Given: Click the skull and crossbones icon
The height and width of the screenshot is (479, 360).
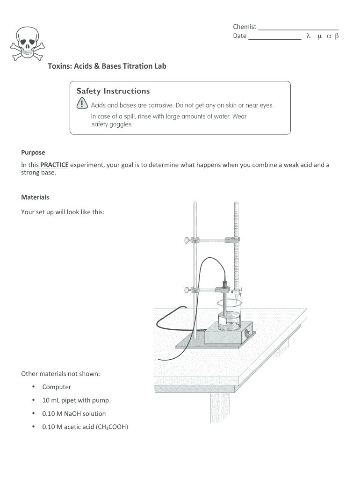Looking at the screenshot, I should tap(29, 45).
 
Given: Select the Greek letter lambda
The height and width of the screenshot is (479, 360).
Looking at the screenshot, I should tap(308, 36).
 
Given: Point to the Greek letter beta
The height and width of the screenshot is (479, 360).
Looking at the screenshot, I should tap(337, 36).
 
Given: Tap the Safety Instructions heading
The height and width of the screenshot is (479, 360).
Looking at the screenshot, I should tap(113, 91).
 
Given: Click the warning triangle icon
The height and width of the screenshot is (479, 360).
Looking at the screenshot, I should tap(82, 104).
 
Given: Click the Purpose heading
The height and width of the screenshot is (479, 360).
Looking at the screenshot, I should tap(33, 152).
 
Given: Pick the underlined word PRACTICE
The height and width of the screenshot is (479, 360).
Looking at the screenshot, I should tap(54, 165).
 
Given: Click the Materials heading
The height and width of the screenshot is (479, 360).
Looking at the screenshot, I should tap(35, 197).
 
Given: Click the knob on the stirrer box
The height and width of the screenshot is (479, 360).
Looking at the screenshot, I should tap(248, 334).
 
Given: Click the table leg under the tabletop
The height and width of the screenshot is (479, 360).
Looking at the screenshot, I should tap(220, 407).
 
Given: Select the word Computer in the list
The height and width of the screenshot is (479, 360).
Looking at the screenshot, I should tap(57, 387).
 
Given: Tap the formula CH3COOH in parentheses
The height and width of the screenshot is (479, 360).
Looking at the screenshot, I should tap(111, 427).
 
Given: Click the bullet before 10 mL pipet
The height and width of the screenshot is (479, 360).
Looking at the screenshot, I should tap(34, 400).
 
